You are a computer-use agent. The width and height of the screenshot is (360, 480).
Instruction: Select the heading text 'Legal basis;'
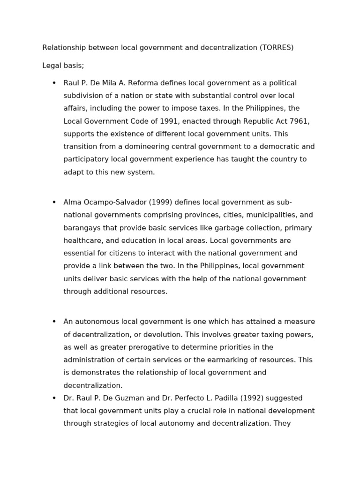(63, 66)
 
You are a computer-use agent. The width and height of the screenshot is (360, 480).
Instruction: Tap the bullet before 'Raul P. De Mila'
(54, 83)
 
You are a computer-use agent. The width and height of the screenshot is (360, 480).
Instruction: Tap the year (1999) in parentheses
(161, 202)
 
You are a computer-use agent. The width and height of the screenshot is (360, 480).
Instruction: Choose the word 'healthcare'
(82, 241)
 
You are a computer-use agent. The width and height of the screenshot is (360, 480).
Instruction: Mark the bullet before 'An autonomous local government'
(54, 322)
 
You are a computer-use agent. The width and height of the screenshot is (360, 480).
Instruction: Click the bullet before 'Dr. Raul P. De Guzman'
(54, 398)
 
